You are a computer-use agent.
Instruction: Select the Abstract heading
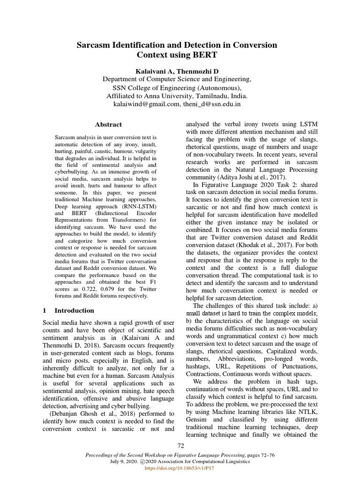(x=108, y=125)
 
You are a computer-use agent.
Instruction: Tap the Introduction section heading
(x=74, y=310)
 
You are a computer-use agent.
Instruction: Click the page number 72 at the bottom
(x=180, y=445)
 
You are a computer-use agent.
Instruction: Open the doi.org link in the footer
(x=180, y=468)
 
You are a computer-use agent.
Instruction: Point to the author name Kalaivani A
(x=153, y=70)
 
